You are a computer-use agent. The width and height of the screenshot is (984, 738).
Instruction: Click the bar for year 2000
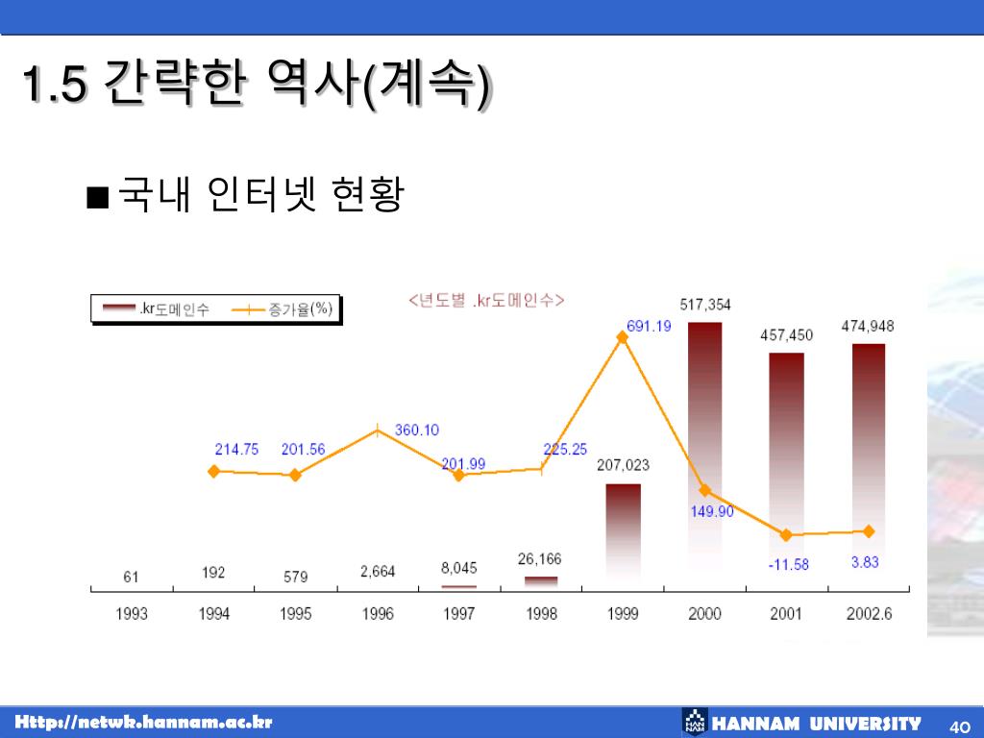click(x=704, y=452)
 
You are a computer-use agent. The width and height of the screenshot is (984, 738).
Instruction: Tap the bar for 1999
click(x=623, y=533)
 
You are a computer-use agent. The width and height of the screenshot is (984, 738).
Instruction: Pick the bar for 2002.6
click(x=868, y=461)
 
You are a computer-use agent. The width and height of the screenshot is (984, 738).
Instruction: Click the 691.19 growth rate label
click(x=649, y=326)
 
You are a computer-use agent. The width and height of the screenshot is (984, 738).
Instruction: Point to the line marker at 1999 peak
click(x=623, y=337)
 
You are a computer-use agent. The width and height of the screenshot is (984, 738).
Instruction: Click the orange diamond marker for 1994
click(x=214, y=471)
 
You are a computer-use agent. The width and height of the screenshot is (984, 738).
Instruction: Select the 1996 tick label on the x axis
click(x=378, y=614)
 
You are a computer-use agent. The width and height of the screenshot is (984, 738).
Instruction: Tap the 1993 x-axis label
click(x=132, y=614)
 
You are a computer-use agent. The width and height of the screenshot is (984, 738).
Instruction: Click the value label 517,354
click(x=705, y=305)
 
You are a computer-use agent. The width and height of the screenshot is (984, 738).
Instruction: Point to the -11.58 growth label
click(x=788, y=564)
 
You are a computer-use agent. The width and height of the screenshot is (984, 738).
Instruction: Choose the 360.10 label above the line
click(x=416, y=430)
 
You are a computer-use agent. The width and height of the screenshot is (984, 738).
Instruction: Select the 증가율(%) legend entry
click(x=288, y=308)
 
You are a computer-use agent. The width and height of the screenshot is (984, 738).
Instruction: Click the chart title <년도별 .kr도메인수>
click(x=485, y=301)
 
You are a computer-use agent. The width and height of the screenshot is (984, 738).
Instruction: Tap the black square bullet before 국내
click(x=96, y=198)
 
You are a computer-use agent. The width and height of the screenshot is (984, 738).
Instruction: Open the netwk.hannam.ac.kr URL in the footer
click(x=144, y=723)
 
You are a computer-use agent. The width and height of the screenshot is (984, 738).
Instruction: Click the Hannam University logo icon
click(x=694, y=723)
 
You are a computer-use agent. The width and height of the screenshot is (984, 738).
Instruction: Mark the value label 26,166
click(x=539, y=558)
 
